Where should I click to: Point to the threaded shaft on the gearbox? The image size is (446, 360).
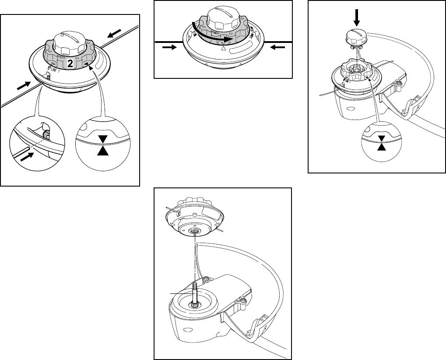tap(193, 293)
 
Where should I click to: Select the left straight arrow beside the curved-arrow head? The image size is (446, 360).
tap(169, 48)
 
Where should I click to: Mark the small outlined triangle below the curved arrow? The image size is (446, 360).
tap(224, 50)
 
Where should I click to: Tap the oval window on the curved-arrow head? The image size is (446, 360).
tap(243, 48)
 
